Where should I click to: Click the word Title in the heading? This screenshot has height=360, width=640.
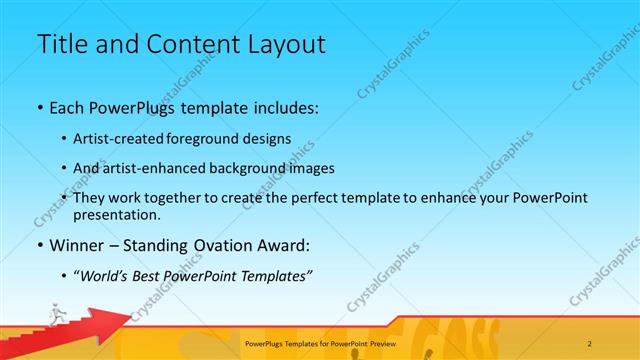[60, 44]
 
